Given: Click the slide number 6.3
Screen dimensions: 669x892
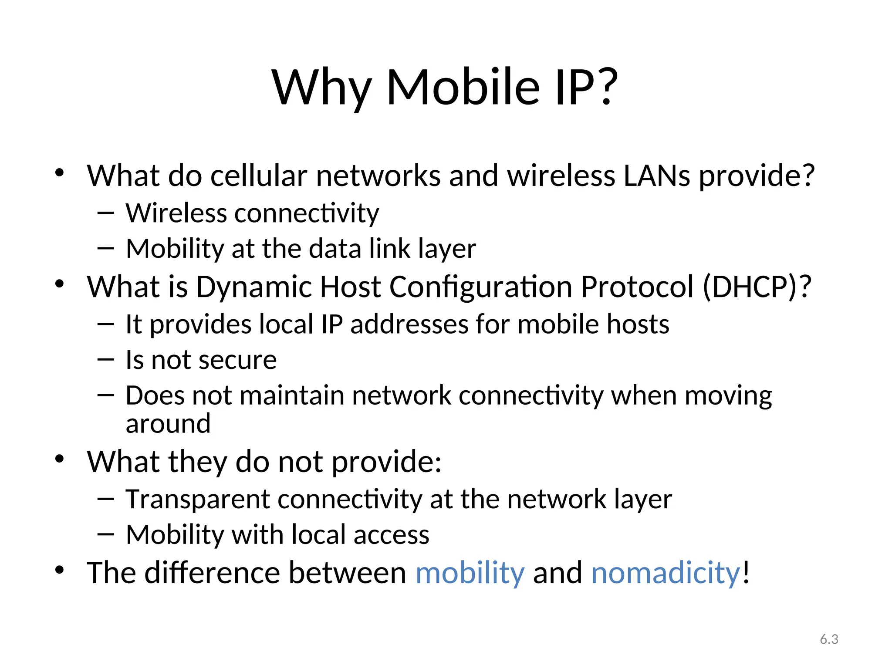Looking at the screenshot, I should (829, 639).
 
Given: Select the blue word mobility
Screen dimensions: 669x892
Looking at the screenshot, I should (470, 573).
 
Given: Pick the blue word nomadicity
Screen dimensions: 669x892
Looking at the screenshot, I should (666, 573).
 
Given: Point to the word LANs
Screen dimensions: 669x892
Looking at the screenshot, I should (657, 176).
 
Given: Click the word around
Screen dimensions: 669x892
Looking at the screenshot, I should (168, 424).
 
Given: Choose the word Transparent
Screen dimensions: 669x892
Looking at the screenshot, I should (198, 499).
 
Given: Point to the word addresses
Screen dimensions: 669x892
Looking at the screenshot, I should (409, 325).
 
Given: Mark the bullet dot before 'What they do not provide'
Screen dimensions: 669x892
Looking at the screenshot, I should (60, 459).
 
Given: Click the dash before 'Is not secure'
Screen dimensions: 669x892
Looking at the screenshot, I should (105, 360).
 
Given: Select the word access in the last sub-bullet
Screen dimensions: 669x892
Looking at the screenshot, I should (391, 535).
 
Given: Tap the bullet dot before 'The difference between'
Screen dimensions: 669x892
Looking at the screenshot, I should (60, 570).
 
